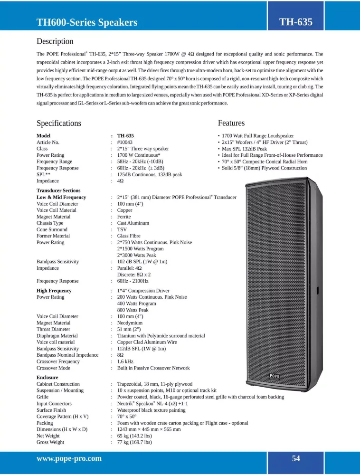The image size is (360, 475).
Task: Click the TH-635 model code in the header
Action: (x=295, y=21)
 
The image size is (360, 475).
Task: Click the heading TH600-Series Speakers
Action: (x=87, y=22)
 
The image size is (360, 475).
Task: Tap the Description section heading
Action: (x=55, y=41)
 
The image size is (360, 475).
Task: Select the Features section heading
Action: (x=231, y=123)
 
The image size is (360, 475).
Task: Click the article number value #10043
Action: (x=125, y=142)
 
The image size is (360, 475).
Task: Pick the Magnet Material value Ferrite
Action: (x=124, y=217)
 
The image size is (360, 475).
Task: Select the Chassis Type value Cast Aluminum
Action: (x=133, y=223)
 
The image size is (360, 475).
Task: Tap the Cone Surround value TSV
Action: (x=122, y=229)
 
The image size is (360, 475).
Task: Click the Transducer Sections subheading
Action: (x=58, y=190)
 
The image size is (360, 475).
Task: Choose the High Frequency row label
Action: (x=54, y=291)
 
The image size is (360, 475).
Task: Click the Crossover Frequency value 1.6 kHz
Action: (x=125, y=361)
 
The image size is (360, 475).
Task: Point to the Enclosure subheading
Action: (x=48, y=378)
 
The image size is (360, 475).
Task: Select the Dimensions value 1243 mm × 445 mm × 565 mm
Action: (x=149, y=429)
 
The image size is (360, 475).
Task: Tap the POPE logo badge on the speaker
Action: (x=275, y=376)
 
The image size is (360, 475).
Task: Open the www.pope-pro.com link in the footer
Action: (x=69, y=458)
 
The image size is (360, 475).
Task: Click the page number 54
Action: (x=296, y=458)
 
